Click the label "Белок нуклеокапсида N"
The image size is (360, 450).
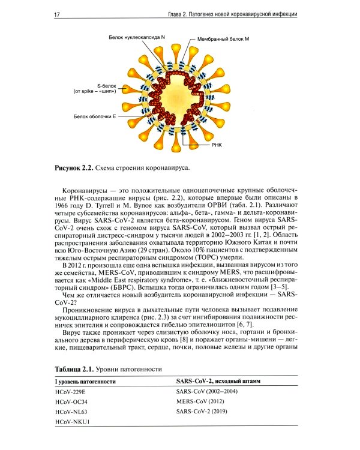click(x=137, y=37)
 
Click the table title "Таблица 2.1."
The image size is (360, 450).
click(x=75, y=369)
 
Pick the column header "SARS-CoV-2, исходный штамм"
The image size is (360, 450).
click(x=218, y=381)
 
